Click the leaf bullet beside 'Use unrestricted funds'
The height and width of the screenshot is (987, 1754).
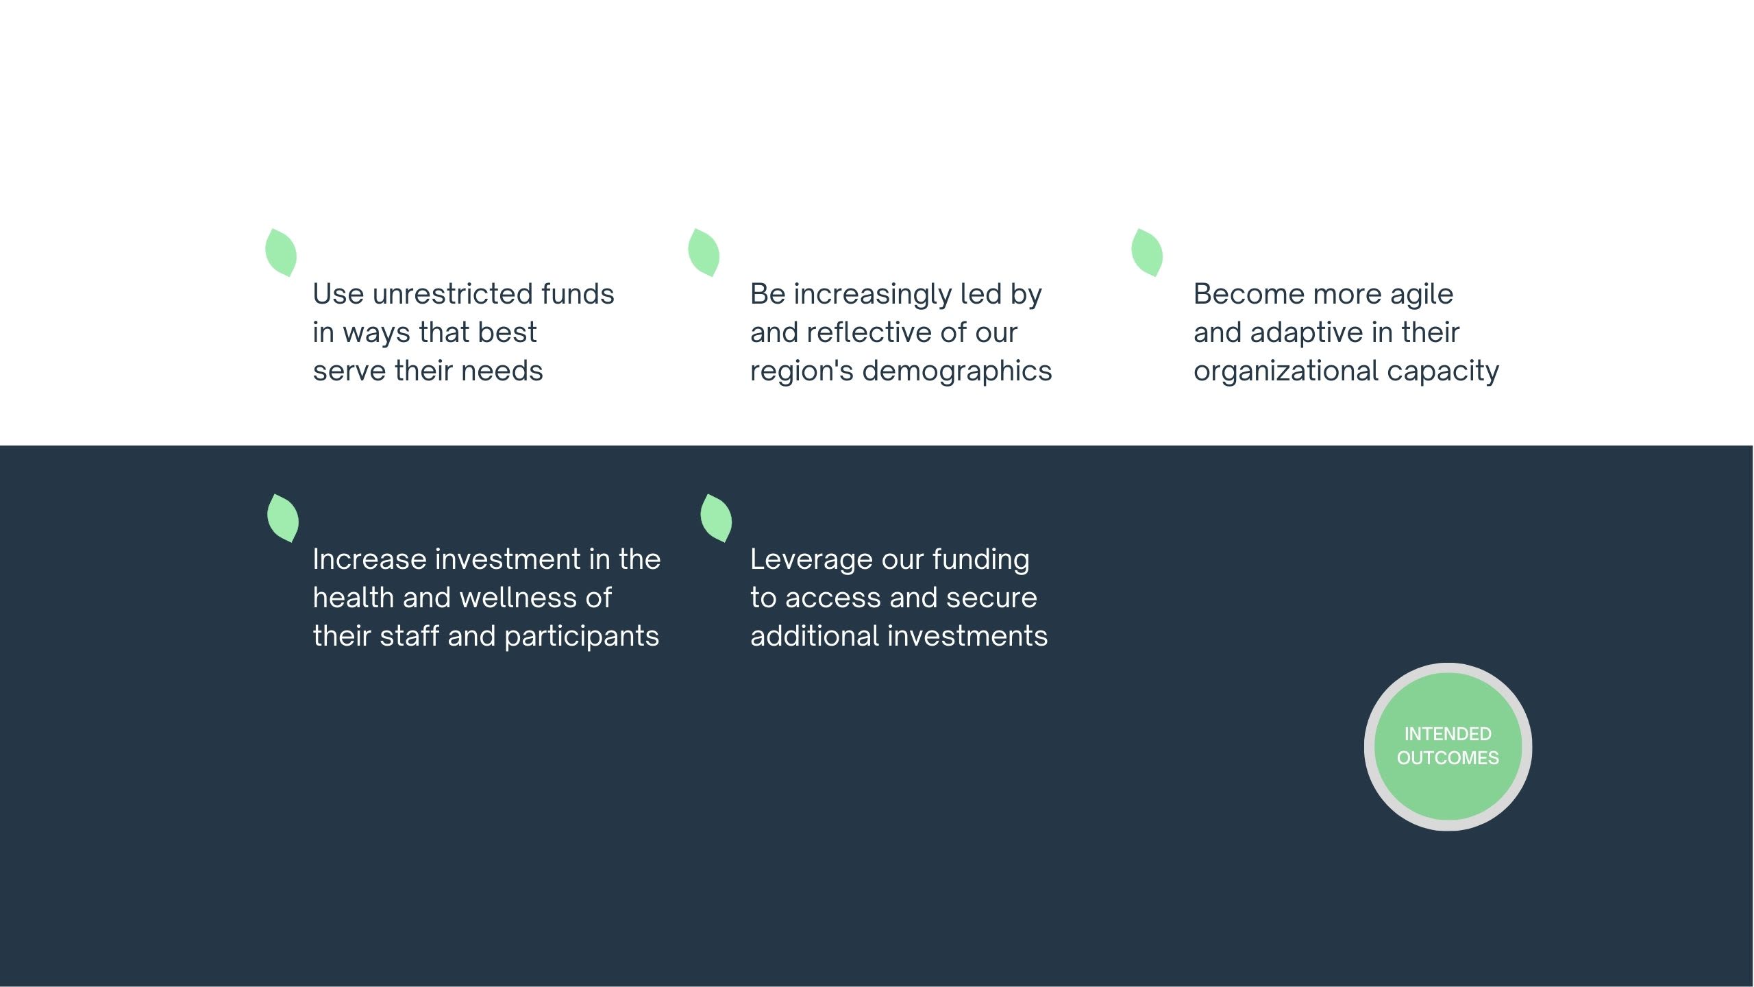(281, 253)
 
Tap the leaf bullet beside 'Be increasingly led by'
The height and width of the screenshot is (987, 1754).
(704, 253)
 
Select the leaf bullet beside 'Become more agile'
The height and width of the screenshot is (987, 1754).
(1147, 253)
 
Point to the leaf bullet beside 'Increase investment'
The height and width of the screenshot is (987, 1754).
(283, 518)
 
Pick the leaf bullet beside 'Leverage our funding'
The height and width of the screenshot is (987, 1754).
(716, 518)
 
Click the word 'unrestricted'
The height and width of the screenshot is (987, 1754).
(452, 295)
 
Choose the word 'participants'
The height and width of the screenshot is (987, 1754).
(582, 637)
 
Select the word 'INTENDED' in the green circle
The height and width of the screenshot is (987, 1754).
(1448, 734)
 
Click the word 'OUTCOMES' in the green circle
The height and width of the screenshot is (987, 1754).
(1448, 758)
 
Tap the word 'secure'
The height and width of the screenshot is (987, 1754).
(991, 598)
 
